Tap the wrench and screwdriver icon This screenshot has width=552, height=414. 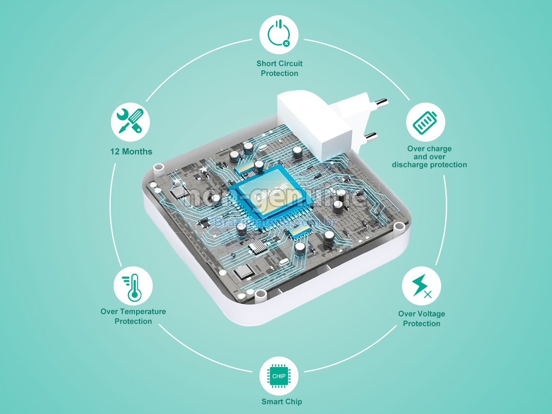[130, 121]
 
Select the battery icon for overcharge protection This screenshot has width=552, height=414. [425, 121]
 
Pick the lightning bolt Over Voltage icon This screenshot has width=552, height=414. [421, 286]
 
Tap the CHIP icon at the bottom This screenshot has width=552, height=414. [279, 376]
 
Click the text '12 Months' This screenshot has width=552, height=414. [131, 151]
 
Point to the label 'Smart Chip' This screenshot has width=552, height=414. [282, 402]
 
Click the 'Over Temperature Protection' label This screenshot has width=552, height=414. [133, 316]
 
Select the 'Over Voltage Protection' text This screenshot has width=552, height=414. [421, 318]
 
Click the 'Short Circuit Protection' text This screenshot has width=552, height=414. [279, 68]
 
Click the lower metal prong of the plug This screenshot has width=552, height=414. [370, 136]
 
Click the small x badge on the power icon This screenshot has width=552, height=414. [287, 43]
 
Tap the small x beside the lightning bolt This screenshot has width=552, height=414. [428, 294]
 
